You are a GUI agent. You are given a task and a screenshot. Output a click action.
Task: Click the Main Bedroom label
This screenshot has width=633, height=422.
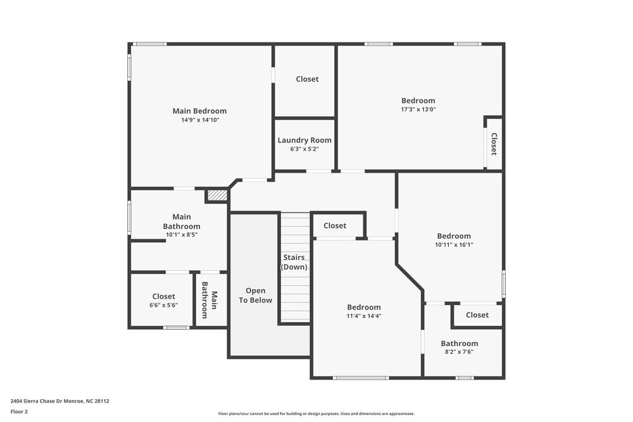199,111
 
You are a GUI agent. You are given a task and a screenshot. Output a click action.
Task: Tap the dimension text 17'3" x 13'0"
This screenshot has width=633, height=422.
418,109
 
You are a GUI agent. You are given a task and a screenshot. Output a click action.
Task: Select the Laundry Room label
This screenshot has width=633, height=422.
304,140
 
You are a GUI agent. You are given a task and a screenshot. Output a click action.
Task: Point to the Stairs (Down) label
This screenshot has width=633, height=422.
294,263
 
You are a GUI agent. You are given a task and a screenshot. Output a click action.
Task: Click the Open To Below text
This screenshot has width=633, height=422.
255,295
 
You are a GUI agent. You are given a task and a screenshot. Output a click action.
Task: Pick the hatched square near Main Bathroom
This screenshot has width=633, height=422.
216,195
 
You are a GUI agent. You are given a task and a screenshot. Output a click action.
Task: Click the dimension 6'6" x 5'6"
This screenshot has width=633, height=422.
163,305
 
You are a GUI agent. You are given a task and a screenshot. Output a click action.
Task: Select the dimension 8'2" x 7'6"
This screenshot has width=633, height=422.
459,352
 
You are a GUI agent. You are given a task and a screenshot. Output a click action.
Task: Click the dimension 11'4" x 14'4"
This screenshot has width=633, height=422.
363,316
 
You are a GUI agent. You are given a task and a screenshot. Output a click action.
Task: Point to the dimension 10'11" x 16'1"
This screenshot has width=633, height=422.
454,245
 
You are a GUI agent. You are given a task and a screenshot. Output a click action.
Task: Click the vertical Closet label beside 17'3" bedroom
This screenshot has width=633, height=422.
494,144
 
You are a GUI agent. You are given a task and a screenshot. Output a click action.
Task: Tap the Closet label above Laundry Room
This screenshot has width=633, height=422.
307,79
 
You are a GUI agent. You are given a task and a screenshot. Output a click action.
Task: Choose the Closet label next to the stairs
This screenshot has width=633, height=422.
335,226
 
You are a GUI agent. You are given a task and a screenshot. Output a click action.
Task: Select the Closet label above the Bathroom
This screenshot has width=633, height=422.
477,315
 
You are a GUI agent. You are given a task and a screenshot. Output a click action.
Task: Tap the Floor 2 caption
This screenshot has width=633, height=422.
19,411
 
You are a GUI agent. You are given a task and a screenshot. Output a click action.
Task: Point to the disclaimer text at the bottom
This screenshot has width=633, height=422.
316,413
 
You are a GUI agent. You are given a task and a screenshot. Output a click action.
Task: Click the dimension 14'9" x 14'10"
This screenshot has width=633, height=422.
199,120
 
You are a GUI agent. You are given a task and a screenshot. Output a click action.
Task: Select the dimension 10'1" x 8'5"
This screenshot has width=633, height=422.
182,235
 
